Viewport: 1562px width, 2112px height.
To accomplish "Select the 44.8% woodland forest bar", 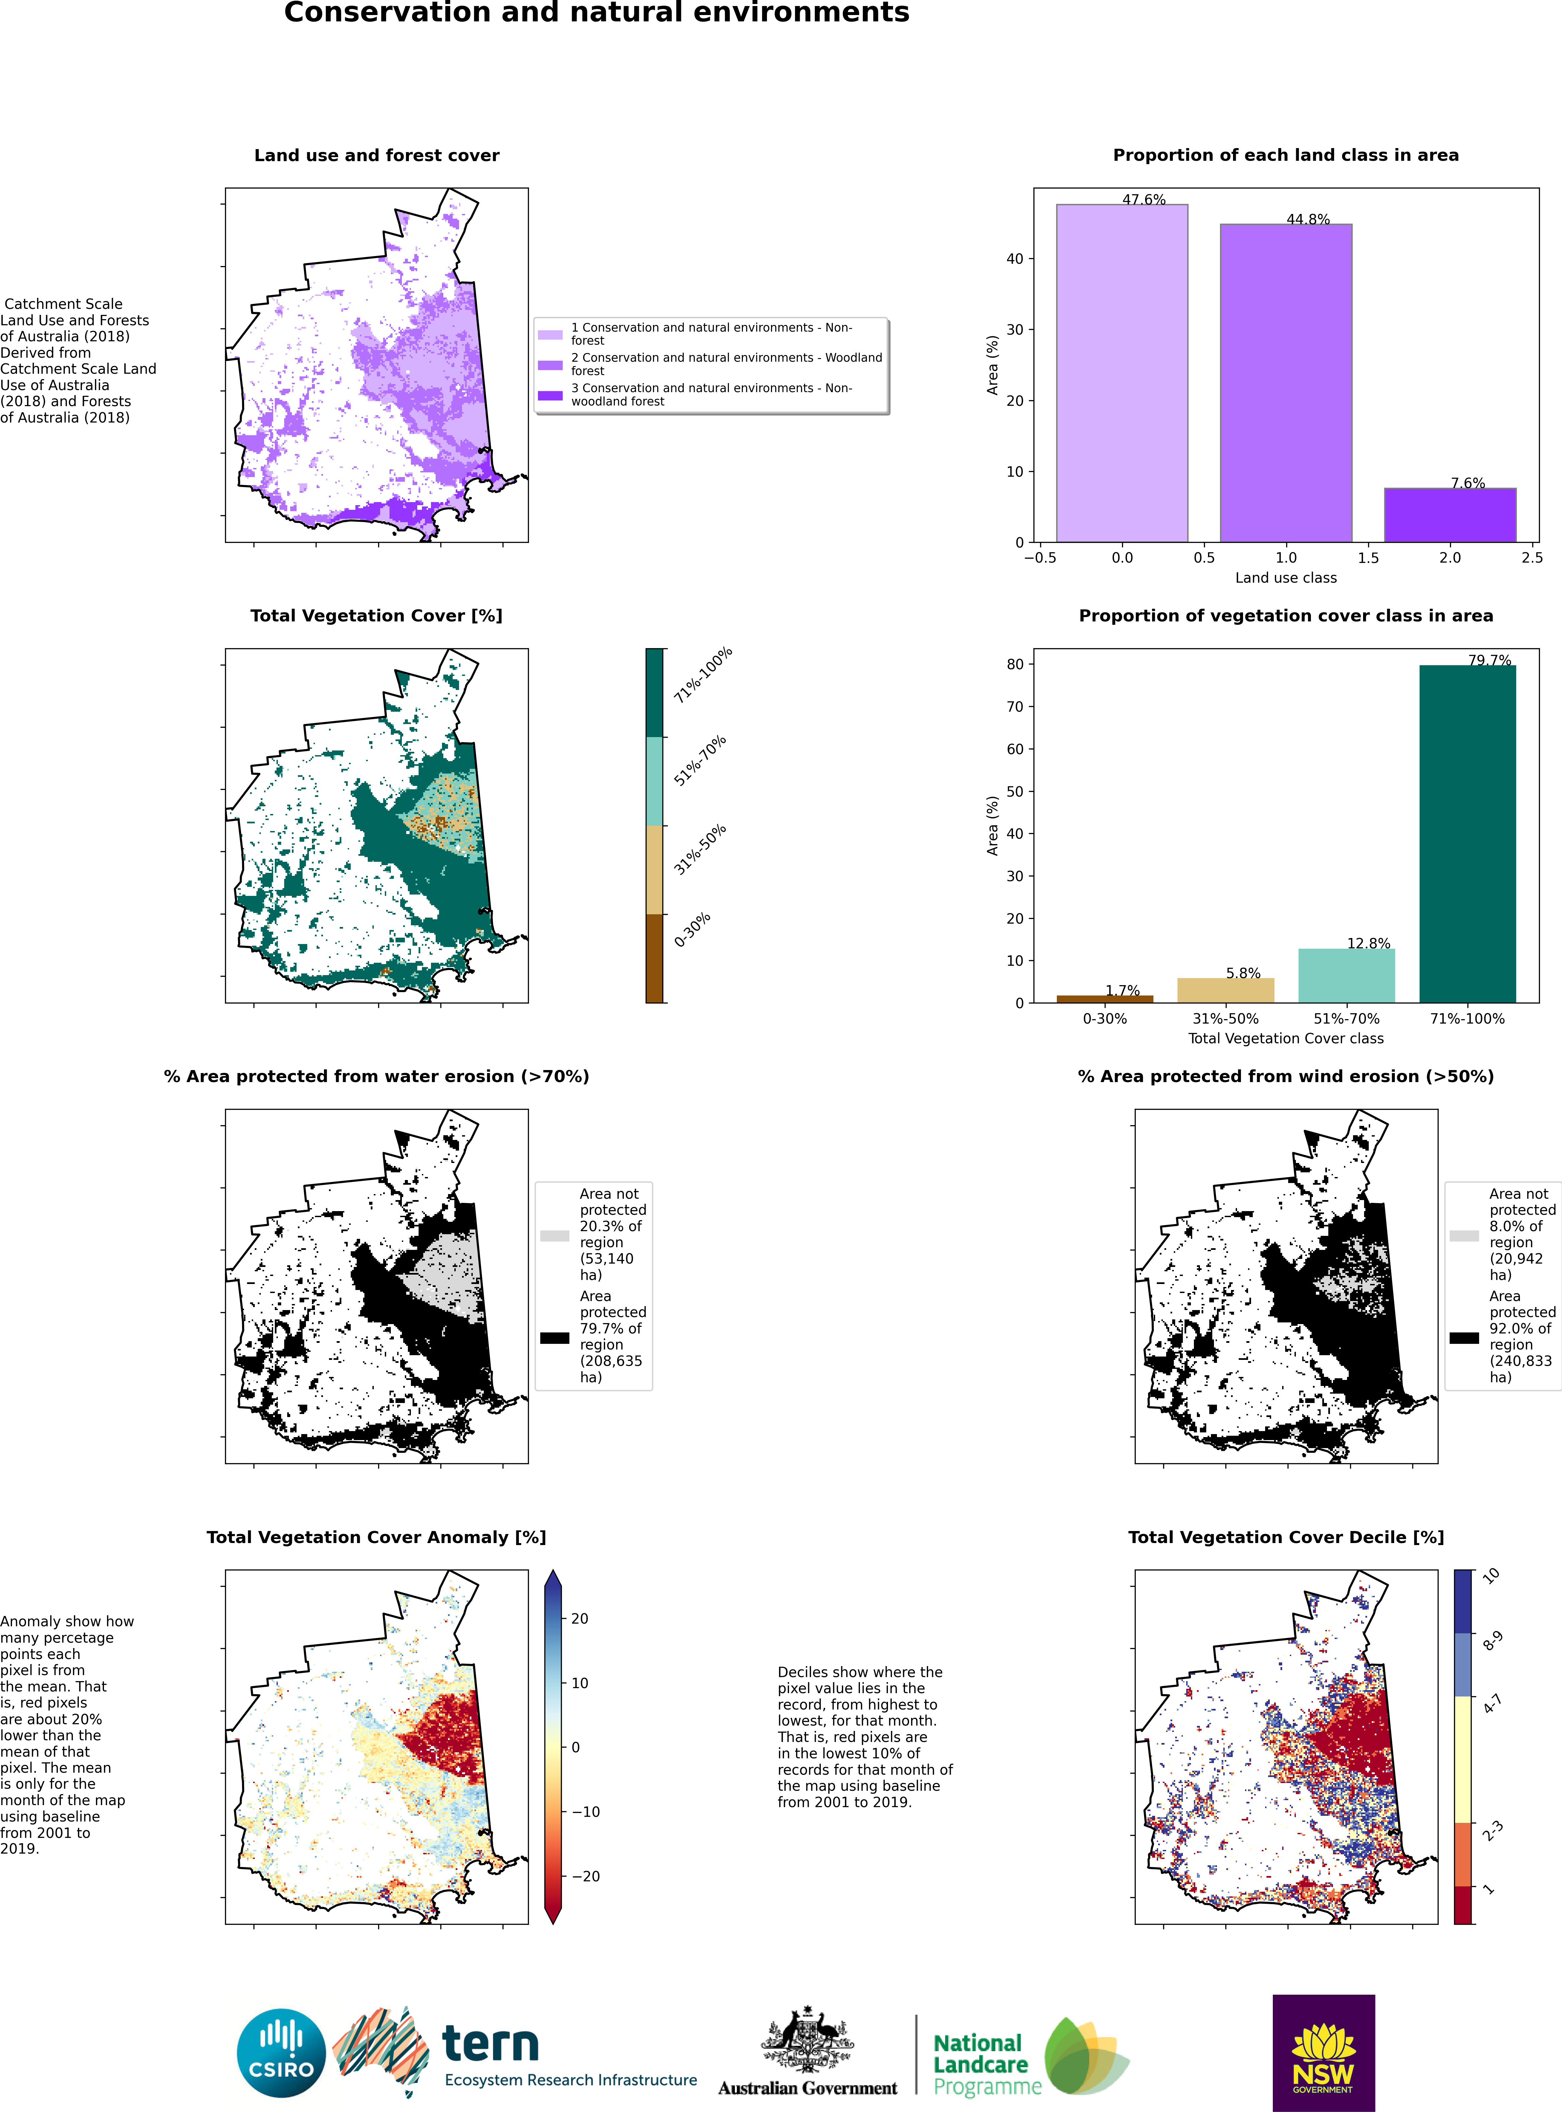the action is coord(1286,383).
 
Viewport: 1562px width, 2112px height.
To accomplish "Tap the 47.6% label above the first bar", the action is coord(1144,200).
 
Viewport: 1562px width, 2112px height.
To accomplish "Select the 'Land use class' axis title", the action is coord(1286,578).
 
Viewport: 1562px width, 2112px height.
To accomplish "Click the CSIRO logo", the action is coord(281,2054).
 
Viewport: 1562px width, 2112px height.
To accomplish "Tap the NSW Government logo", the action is coord(1324,2054).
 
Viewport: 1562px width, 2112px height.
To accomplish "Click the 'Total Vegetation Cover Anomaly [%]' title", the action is coord(376,1537).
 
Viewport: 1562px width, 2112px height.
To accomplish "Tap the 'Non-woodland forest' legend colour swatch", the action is coord(550,395).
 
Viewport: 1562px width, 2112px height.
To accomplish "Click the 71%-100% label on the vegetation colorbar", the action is coord(702,675).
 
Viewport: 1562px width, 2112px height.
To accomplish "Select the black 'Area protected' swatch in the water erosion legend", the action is coord(555,1338).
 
